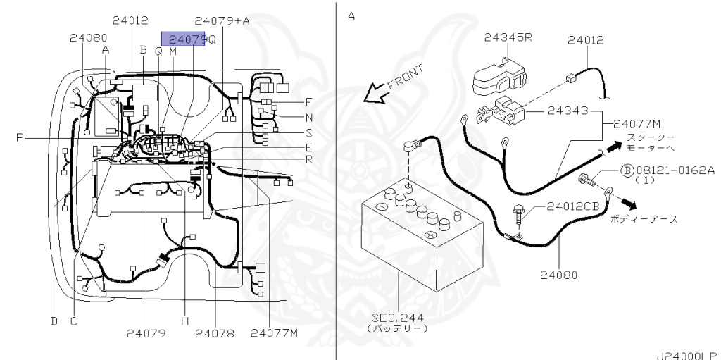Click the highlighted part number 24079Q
point(183,40)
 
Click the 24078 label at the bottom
point(215,333)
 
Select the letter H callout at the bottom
point(185,321)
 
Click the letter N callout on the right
point(308,117)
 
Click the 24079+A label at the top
point(222,20)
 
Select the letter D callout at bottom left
point(53,321)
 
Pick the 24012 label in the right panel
point(585,41)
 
